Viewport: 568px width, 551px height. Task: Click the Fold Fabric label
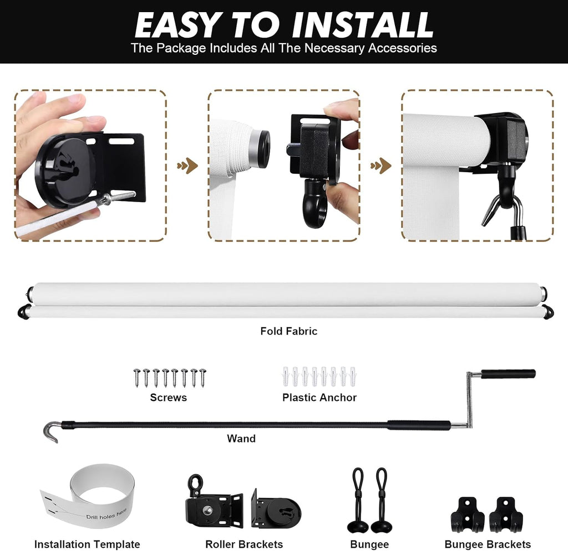(288, 331)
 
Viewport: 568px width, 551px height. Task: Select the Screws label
(169, 398)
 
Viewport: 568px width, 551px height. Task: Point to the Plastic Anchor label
(319, 398)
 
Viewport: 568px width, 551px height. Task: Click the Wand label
(241, 438)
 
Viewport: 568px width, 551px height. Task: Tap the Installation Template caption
(87, 544)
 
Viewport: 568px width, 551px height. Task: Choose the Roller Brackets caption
(244, 544)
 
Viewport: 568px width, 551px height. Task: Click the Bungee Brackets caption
(488, 544)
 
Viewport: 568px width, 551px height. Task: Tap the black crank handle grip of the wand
(508, 374)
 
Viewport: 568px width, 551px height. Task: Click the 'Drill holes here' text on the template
(106, 514)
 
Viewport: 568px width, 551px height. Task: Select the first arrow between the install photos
(187, 166)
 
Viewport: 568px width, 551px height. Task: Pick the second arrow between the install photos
(381, 166)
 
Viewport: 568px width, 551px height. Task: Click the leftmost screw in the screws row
(137, 378)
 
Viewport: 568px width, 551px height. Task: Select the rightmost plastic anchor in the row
(352, 377)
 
